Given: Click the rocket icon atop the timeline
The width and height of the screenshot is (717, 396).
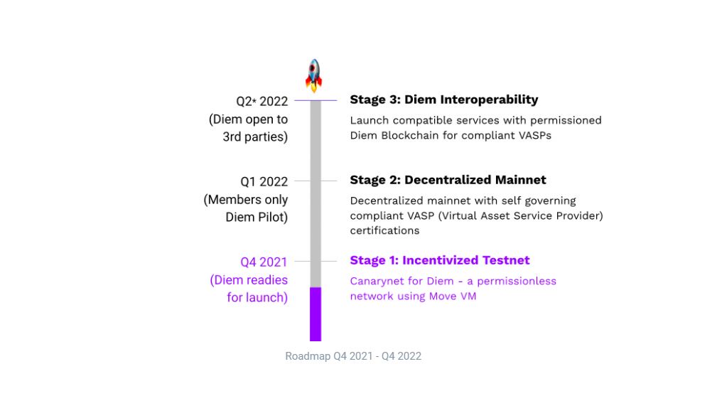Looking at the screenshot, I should pos(313,75).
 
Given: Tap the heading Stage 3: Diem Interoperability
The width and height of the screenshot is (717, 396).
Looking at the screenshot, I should pos(443,100).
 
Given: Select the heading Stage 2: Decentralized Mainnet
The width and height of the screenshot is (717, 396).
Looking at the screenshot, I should pos(448,180).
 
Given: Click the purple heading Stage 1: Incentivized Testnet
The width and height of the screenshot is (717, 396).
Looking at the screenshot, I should pos(439,260).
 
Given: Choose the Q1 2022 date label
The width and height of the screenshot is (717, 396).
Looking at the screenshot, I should pos(264,182).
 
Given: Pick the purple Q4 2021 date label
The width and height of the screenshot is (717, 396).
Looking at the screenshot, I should pos(264,262).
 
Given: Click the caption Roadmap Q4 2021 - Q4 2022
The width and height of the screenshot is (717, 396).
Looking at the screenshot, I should pos(353,356).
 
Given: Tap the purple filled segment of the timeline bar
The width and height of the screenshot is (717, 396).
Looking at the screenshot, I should pos(315,314).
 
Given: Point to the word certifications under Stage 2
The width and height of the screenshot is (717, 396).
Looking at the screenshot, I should pos(384,230).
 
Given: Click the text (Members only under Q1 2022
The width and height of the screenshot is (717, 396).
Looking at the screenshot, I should pos(246,200).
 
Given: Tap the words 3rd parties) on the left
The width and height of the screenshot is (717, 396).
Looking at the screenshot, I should pos(255,137).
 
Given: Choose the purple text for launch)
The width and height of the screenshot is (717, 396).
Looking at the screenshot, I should pos(257,298).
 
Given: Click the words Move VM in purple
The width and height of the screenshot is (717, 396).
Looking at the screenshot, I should pos(452,296).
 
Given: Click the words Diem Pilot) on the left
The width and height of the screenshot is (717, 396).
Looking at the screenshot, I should pos(257,218).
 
